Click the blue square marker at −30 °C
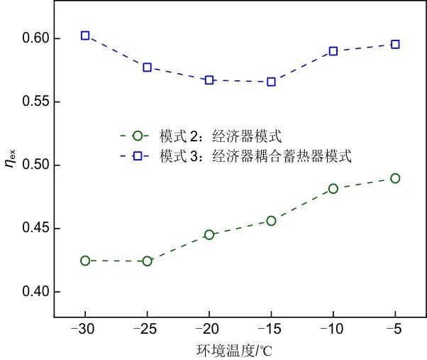coord(85,35)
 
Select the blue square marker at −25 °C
coord(148,67)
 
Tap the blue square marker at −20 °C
coord(209,80)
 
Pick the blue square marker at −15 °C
coord(271,82)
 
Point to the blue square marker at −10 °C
coord(333,51)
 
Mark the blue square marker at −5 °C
coord(395,44)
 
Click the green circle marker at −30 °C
coord(85,261)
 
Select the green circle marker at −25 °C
coord(148,261)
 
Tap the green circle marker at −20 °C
coord(209,234)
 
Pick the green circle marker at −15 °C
coord(271,221)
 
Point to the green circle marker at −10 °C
coord(333,188)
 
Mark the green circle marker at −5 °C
coord(395,178)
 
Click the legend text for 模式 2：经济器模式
coord(221,135)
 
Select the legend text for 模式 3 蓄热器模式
coord(255,156)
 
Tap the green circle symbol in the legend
coord(138,135)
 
